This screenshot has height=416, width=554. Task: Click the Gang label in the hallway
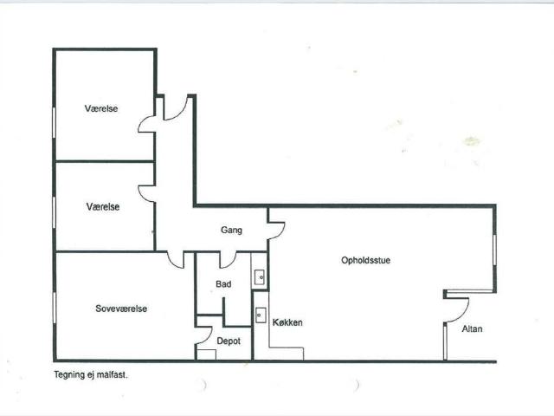[231, 231]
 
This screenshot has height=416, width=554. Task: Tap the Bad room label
[223, 284]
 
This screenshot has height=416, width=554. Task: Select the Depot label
[229, 341]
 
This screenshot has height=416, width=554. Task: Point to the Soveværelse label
[121, 309]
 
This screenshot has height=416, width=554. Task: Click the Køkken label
[287, 322]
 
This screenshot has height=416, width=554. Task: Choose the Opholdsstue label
[365, 260]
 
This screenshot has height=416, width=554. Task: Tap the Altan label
[472, 329]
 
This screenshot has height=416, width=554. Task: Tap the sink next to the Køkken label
[261, 315]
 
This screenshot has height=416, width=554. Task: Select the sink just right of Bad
[260, 277]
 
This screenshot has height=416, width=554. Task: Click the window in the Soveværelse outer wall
[55, 308]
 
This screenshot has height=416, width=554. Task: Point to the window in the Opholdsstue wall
[494, 250]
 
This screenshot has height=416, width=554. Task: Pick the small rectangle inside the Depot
[206, 354]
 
